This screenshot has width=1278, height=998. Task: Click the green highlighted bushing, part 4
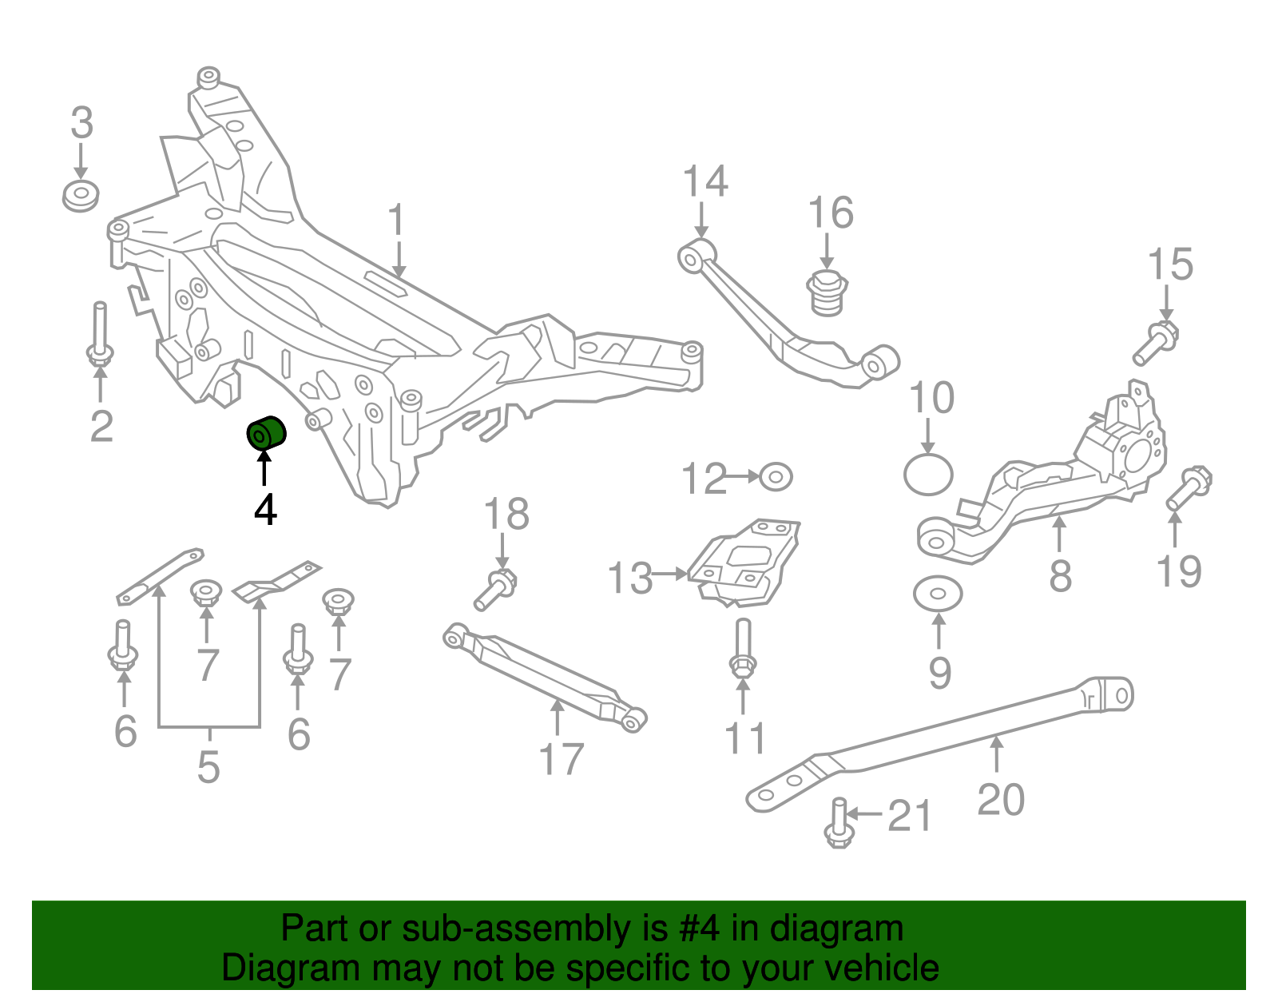(265, 433)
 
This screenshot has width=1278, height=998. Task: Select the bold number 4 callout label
(265, 510)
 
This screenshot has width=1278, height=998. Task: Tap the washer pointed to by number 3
(81, 197)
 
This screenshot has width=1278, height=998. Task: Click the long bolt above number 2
(100, 335)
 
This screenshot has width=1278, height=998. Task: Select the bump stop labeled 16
(828, 293)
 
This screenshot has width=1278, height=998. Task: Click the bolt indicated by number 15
(1155, 343)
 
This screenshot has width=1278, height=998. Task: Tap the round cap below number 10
(928, 475)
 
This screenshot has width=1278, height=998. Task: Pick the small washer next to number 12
(775, 477)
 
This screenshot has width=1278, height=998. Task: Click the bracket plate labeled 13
(744, 564)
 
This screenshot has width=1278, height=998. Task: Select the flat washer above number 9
(938, 594)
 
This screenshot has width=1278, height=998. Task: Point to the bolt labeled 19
(1189, 488)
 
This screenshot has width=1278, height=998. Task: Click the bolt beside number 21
(838, 822)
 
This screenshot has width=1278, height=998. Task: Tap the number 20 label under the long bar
(1001, 799)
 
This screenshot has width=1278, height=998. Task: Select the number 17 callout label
(561, 759)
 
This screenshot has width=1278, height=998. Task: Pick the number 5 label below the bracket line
(208, 767)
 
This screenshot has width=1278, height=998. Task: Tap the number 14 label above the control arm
(705, 182)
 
